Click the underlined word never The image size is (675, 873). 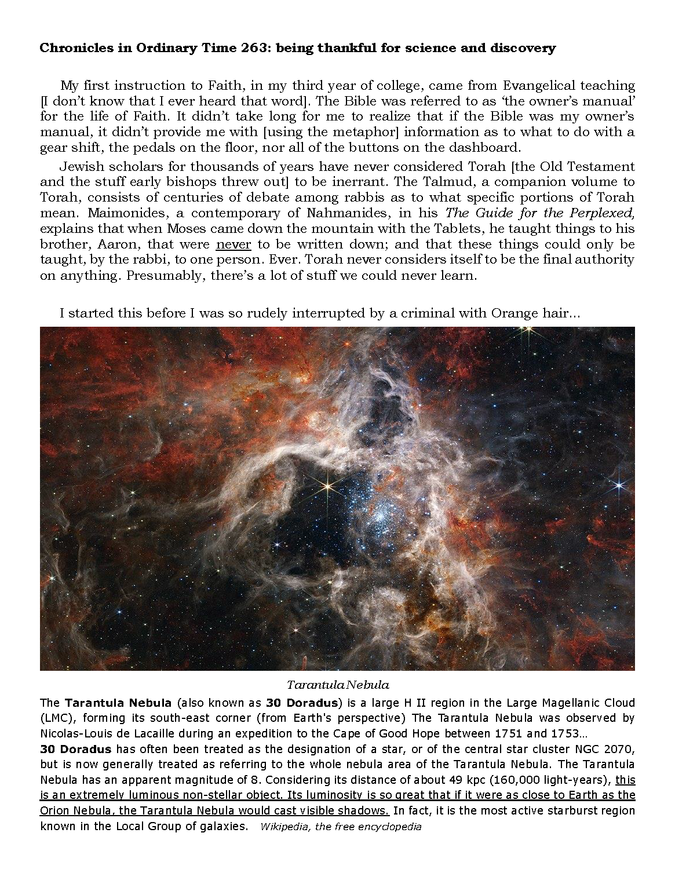(x=233, y=244)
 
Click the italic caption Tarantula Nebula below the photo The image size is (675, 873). (x=337, y=685)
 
